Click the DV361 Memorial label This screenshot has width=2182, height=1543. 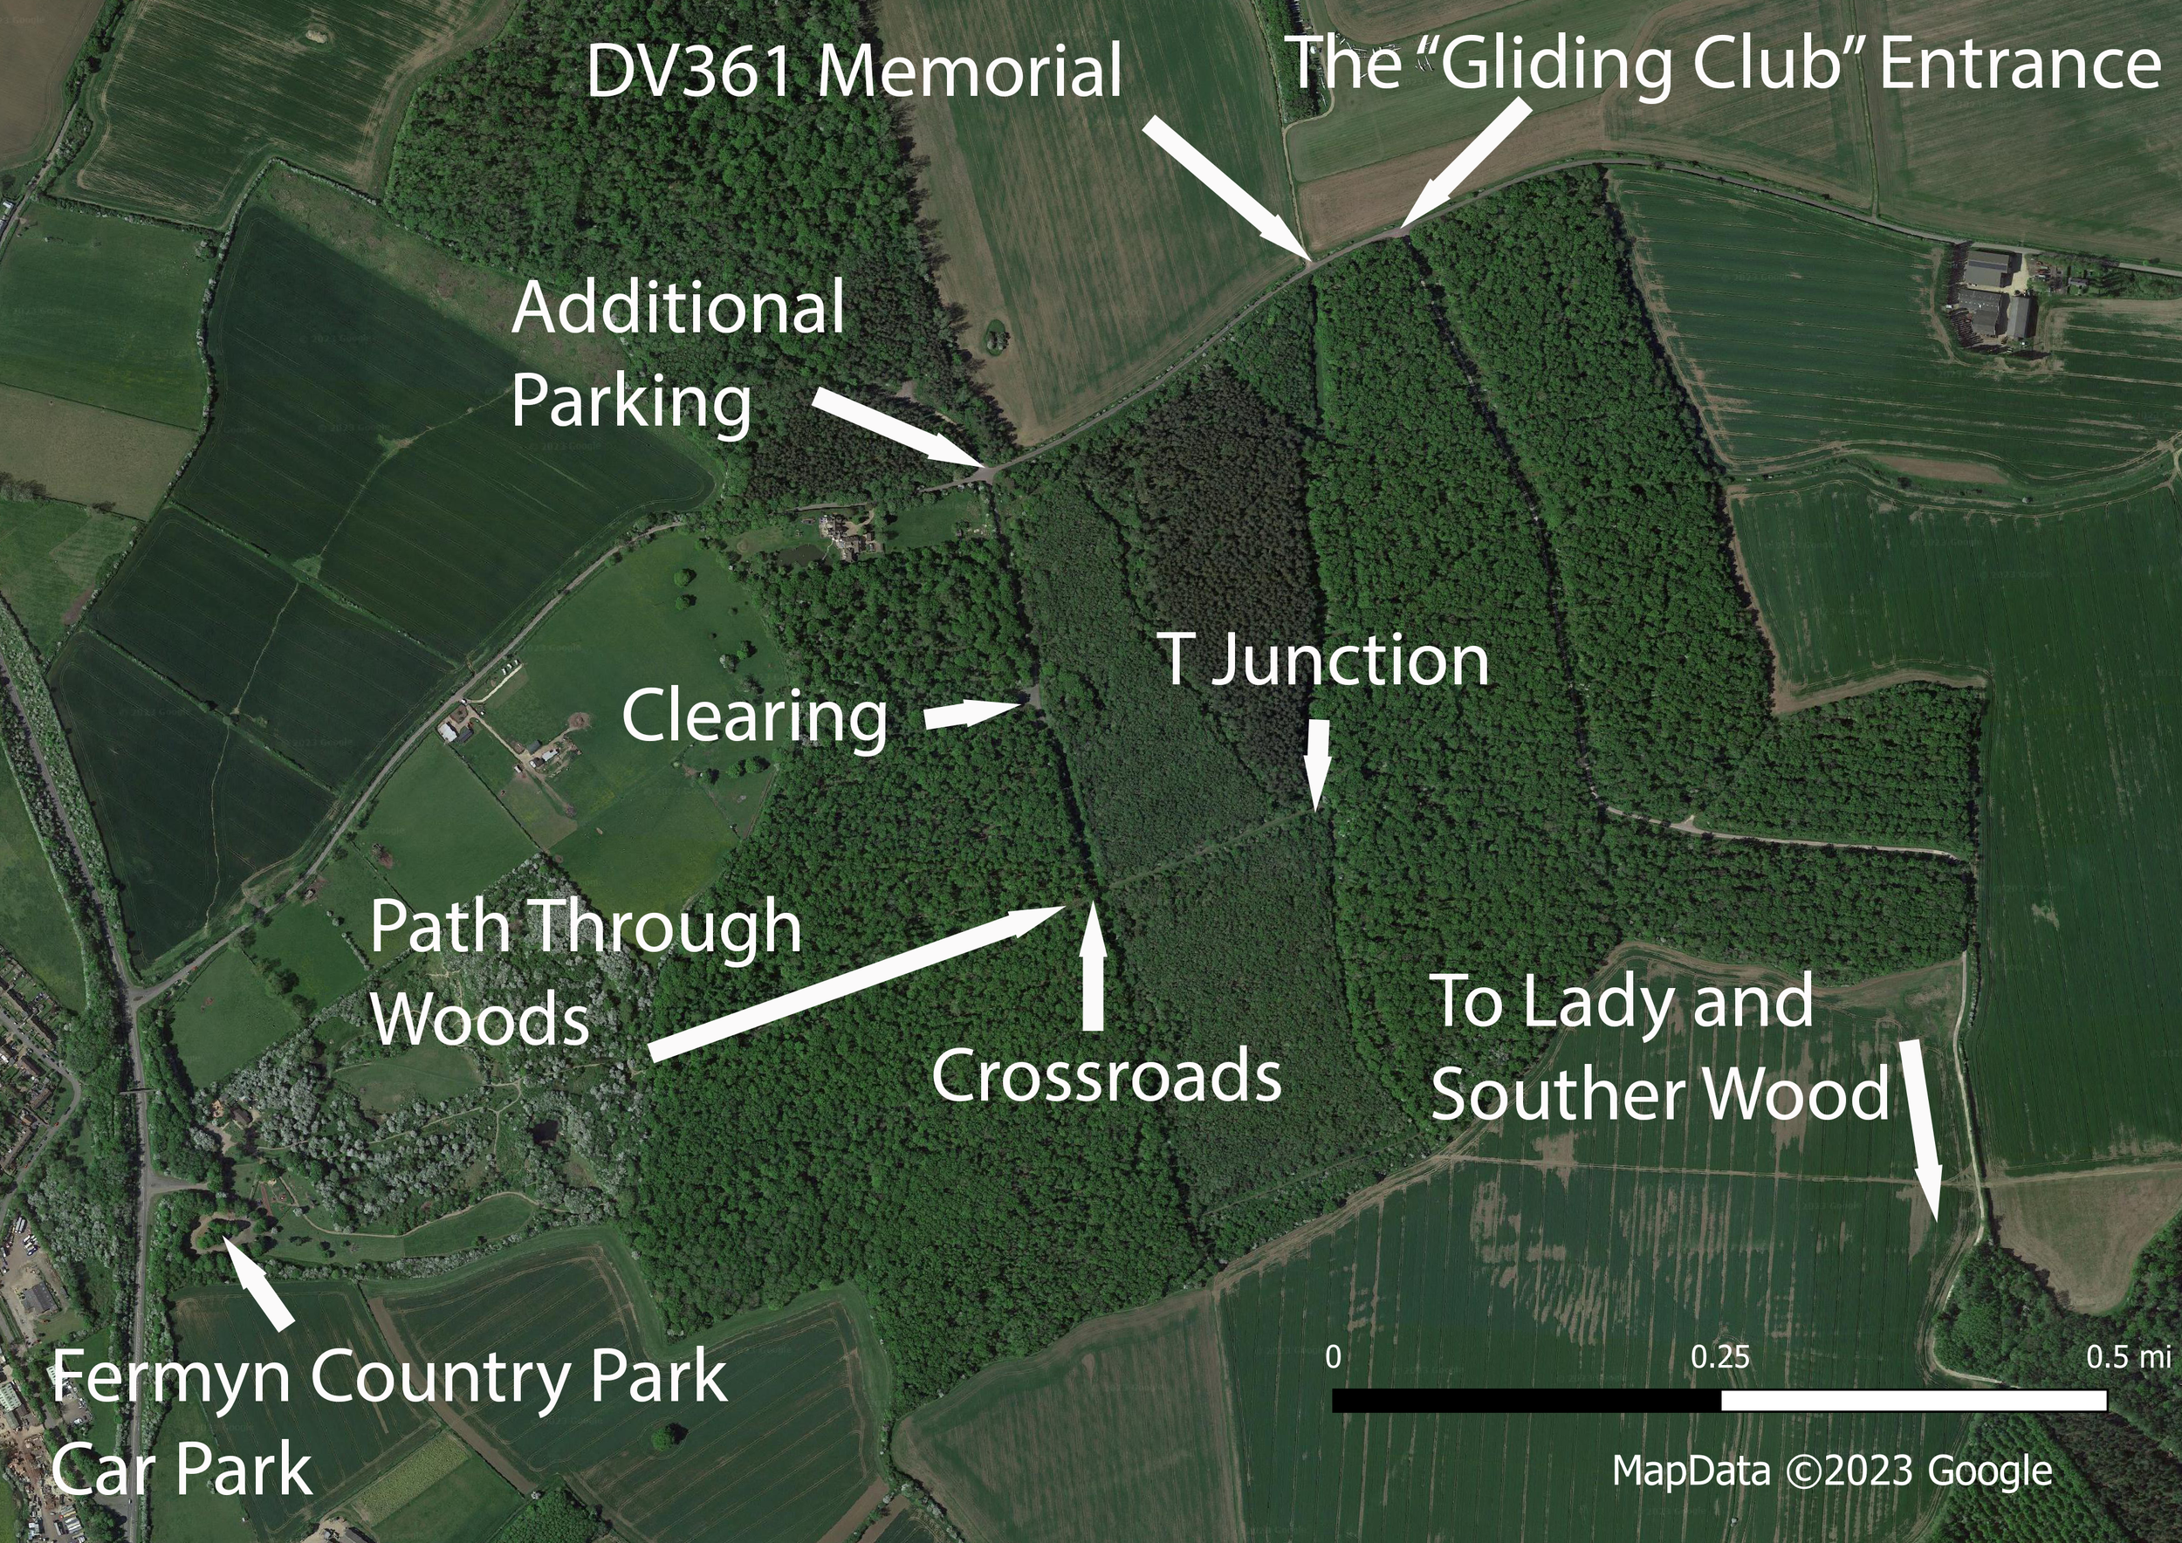tap(854, 72)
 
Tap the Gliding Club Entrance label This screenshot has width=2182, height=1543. tap(1723, 65)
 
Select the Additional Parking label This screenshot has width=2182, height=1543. tap(676, 355)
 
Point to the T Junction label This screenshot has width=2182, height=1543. tap(1323, 662)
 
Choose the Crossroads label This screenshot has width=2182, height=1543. tap(1106, 1076)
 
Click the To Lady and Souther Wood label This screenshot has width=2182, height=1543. tap(1658, 1048)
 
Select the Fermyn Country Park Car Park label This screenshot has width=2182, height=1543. tap(389, 1423)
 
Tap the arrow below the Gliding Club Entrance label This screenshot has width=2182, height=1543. tap(1468, 162)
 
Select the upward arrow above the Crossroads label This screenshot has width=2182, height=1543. tap(1093, 968)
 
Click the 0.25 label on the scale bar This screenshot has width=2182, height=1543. tap(1719, 1357)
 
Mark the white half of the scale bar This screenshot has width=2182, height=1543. tap(1913, 1401)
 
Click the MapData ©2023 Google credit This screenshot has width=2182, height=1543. tap(1832, 1471)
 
